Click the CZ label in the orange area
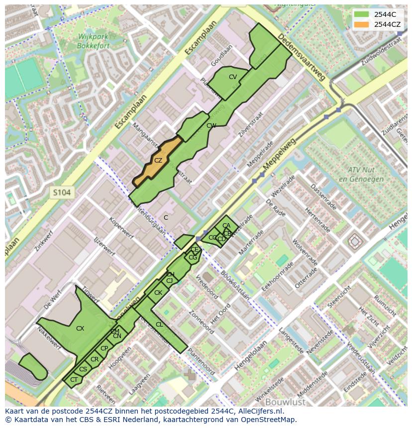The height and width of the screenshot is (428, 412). [158, 160]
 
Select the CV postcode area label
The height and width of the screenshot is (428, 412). [232, 77]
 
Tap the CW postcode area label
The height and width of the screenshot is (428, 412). [211, 126]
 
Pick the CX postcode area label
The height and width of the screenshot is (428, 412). [80, 328]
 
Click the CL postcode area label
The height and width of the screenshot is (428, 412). [159, 325]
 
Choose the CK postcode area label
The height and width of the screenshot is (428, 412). [158, 293]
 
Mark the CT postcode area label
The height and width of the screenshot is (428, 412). [74, 380]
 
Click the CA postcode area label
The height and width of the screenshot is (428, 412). [226, 226]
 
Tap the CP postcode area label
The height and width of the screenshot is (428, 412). [104, 348]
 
